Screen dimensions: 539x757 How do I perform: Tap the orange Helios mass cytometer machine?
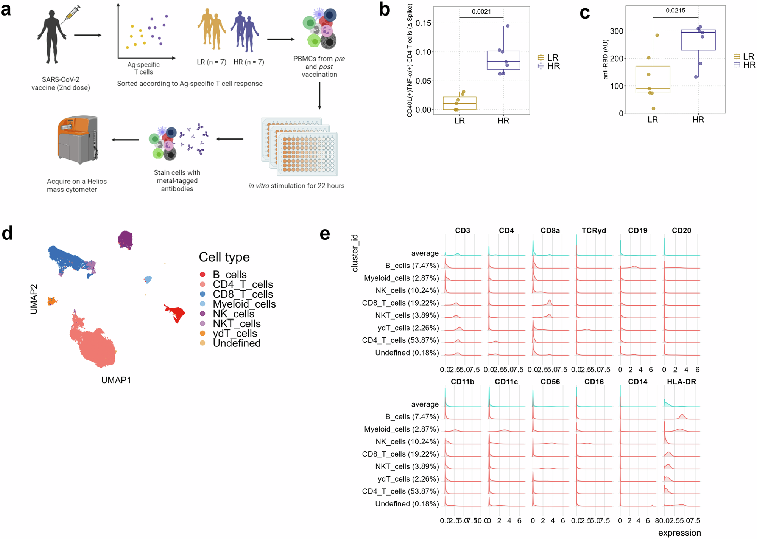(78, 140)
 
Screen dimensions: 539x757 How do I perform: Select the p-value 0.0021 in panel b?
(481, 12)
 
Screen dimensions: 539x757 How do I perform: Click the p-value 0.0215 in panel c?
(675, 11)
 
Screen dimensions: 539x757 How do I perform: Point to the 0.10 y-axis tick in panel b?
(423, 52)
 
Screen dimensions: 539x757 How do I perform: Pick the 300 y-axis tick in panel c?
(617, 31)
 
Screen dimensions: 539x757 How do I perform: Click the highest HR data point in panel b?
(508, 26)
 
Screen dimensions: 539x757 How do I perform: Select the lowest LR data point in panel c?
(653, 109)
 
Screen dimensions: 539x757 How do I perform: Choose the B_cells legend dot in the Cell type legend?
(202, 274)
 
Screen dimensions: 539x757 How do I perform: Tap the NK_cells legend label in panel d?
(234, 314)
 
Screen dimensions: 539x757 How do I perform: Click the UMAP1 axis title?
(116, 380)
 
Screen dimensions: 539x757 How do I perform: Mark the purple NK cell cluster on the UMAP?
(125, 240)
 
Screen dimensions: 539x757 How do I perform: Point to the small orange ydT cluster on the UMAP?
(52, 301)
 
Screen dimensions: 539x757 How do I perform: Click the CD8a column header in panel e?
(550, 231)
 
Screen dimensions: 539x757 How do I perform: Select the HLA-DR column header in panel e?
(681, 382)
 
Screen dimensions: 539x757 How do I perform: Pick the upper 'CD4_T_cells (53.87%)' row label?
(400, 340)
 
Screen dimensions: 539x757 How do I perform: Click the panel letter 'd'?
(8, 233)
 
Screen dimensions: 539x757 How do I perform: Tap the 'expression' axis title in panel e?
(679, 533)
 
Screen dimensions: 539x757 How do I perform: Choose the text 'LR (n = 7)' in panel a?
(212, 62)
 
